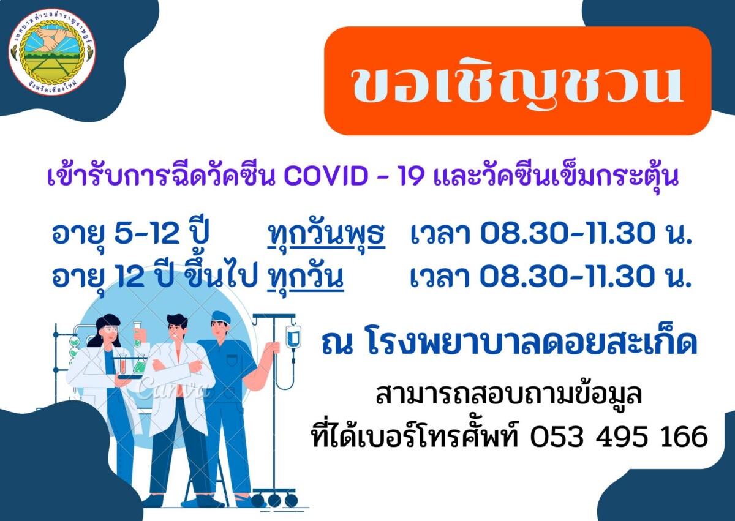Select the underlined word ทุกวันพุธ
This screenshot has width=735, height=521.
point(326,234)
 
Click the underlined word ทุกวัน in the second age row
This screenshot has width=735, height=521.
point(306,278)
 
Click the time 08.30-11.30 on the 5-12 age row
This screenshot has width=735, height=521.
point(568,234)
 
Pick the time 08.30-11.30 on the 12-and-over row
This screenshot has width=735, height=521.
point(568,277)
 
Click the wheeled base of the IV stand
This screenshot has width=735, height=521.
point(275,500)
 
